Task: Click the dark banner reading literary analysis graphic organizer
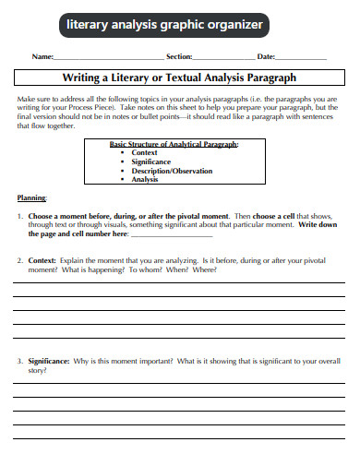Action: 165,26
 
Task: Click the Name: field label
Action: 42,57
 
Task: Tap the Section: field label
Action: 179,57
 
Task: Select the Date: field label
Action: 266,57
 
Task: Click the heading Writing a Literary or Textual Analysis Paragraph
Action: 179,78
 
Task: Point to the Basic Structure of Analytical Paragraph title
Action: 174,145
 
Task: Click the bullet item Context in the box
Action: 145,152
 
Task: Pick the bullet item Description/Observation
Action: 172,171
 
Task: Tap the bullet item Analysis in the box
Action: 145,179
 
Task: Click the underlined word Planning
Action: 32,197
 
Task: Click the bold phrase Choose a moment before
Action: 66,215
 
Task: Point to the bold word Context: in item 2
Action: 43,261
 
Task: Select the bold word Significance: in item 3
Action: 50,361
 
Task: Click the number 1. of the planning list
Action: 20,215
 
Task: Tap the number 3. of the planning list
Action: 20,361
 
